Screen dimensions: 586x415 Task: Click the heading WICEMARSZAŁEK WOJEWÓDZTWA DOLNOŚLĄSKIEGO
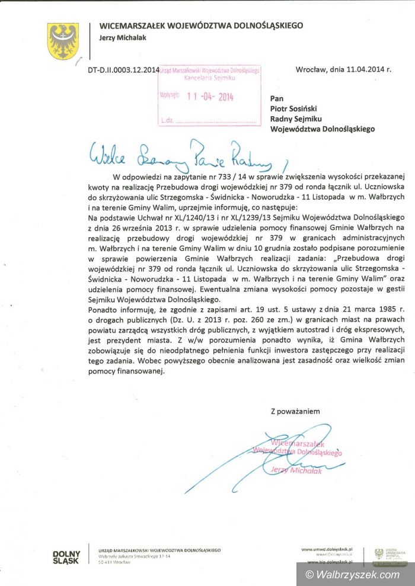(x=201, y=25)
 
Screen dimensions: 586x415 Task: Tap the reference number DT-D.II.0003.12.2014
(x=123, y=69)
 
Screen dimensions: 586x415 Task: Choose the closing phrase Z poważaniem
(x=295, y=411)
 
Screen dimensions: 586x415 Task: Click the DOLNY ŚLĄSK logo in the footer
(x=67, y=558)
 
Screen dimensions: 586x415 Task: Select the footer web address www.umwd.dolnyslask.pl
(x=327, y=550)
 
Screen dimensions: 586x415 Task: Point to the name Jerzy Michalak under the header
(x=124, y=37)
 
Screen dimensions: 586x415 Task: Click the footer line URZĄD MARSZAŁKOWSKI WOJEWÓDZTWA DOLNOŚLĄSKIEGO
(x=159, y=550)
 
